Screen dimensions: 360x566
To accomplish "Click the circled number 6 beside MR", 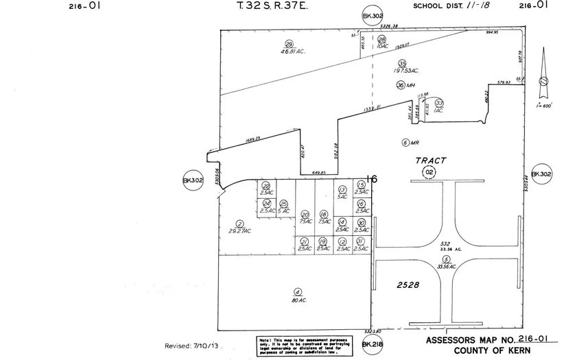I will [405, 143].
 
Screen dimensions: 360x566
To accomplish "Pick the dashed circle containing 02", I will [429, 171].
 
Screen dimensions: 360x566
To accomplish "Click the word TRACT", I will [431, 160].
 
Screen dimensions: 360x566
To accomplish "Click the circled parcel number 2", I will [239, 224].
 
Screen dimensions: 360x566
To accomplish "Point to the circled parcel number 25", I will [283, 204].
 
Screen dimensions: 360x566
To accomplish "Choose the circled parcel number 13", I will [342, 189].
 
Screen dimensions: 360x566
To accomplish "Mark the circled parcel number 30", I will [362, 222].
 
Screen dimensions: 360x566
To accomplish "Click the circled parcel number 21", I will [303, 241].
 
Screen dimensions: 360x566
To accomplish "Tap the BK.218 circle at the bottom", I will [370, 344].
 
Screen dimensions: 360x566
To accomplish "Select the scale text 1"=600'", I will [544, 106].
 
